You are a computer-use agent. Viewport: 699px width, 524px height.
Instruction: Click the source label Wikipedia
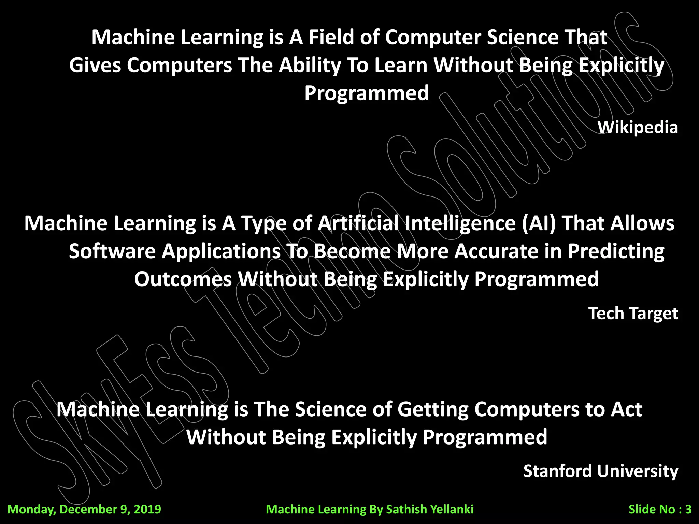(637, 128)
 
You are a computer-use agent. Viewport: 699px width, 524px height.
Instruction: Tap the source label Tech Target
(633, 313)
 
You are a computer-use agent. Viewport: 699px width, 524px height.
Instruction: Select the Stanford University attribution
(600, 471)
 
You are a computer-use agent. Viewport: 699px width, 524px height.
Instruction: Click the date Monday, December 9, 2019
(84, 509)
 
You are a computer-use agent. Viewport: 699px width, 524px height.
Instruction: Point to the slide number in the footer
(660, 509)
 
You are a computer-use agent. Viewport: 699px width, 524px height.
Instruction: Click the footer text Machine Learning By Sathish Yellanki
(370, 509)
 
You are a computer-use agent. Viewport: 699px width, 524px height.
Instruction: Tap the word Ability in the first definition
(310, 65)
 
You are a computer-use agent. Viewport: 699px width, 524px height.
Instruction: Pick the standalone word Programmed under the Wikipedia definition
(367, 93)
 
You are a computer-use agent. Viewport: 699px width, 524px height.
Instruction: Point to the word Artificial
(358, 223)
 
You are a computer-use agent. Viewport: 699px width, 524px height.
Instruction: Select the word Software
(112, 251)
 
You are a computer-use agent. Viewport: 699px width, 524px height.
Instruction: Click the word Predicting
(616, 251)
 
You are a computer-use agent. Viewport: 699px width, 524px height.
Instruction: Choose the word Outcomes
(183, 279)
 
